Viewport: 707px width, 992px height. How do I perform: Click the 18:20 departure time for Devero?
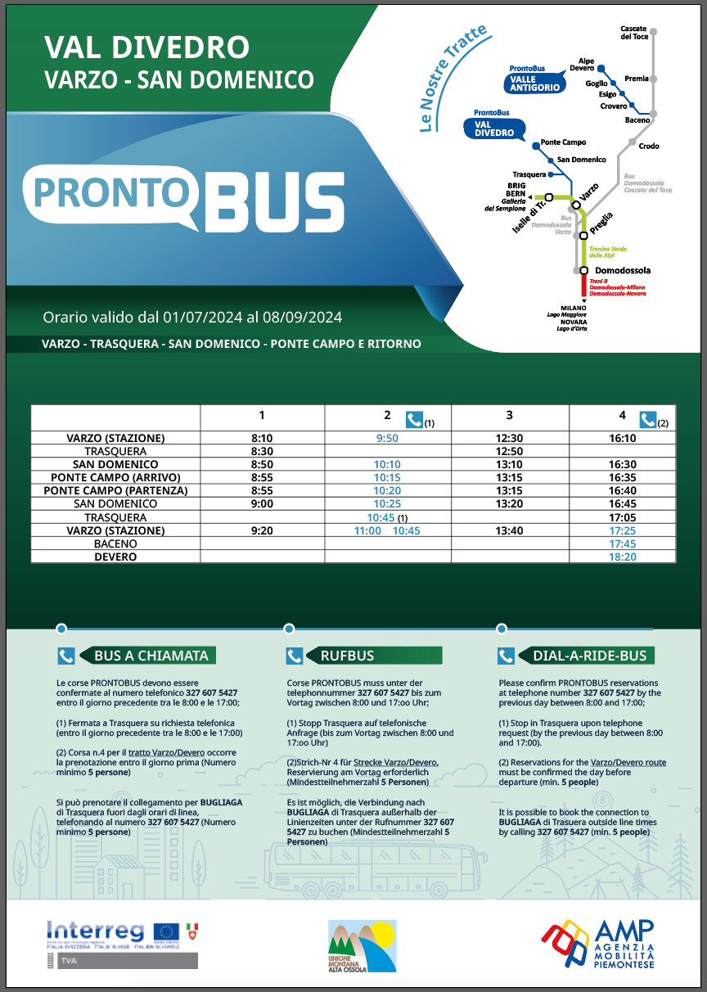[x=623, y=557]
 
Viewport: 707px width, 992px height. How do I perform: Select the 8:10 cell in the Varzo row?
[x=262, y=439]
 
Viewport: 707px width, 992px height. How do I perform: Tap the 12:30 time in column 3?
[x=509, y=439]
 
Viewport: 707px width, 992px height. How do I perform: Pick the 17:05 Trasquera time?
[x=623, y=517]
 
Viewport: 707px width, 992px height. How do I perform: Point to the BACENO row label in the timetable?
[x=115, y=543]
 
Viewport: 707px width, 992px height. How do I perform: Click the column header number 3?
[x=509, y=416]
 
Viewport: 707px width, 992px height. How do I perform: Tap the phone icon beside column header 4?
[x=648, y=419]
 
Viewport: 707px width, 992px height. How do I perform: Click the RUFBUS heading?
[x=348, y=656]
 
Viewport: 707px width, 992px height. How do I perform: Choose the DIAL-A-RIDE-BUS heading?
[x=589, y=656]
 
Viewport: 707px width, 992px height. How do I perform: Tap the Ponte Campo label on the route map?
[x=563, y=142]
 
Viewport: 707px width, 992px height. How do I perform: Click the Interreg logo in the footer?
[x=96, y=931]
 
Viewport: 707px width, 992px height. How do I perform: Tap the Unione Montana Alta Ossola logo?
[x=362, y=946]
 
